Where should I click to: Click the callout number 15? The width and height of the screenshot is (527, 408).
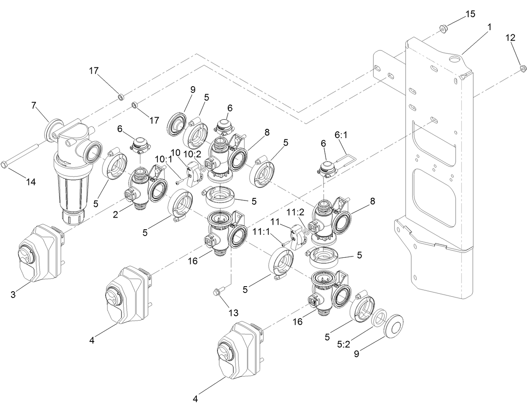pyautogui.click(x=470, y=14)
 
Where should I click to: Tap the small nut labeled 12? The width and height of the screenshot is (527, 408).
pyautogui.click(x=522, y=68)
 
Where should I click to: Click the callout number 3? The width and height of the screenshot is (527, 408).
pyautogui.click(x=13, y=295)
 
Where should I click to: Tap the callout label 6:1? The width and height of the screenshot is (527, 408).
pyautogui.click(x=341, y=136)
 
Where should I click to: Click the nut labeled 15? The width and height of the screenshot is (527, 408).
pyautogui.click(x=443, y=28)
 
